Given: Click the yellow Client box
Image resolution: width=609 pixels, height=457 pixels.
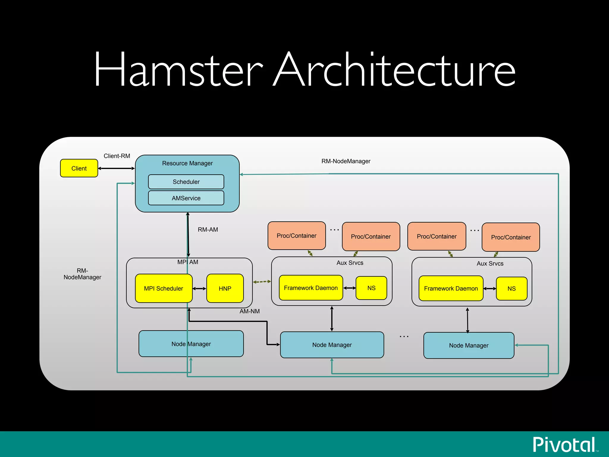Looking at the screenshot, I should [79, 168].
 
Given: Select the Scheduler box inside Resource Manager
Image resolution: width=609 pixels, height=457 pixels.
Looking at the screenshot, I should [186, 182].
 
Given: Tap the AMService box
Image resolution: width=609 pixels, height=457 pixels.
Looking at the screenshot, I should [186, 198].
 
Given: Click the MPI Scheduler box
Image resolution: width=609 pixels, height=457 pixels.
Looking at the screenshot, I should [164, 288].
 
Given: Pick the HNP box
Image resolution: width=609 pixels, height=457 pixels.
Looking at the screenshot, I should [225, 288].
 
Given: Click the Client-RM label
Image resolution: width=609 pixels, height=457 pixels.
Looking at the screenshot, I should [117, 156].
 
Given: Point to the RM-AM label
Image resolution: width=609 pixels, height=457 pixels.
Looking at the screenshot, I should [208, 230].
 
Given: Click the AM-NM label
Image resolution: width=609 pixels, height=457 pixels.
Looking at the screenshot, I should [249, 311].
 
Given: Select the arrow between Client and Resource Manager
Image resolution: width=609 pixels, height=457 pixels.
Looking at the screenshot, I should [116, 168].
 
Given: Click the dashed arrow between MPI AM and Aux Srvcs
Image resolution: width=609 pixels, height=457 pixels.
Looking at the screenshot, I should [262, 281].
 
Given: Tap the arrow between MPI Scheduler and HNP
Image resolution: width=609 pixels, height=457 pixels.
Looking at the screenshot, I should [199, 289].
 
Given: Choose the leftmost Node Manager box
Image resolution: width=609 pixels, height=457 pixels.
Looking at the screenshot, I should [191, 344].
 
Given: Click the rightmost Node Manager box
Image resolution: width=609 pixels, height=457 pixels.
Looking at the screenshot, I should [469, 345].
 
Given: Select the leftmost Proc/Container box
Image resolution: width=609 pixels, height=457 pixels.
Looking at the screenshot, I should [296, 236].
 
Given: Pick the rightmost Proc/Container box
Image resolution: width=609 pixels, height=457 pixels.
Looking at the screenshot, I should [511, 237].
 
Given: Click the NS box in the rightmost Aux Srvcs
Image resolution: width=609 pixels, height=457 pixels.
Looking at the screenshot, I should [511, 289].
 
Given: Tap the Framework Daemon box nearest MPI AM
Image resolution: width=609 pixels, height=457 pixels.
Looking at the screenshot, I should [311, 288].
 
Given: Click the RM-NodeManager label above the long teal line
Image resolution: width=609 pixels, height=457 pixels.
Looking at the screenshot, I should [346, 161].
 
